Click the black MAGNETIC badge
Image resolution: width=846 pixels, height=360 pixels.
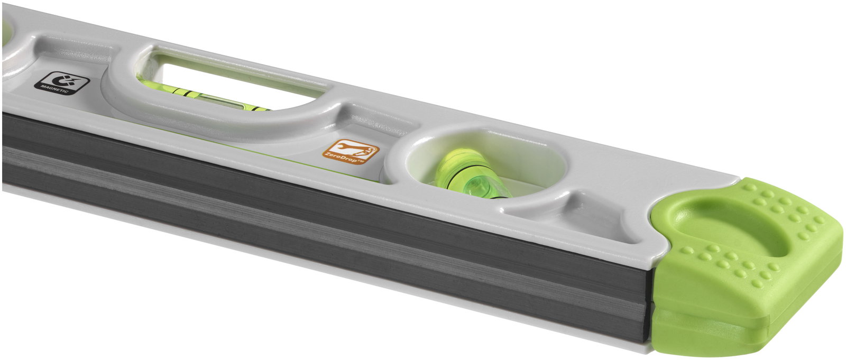tap(61, 83)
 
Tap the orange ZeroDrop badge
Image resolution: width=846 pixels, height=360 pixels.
tap(351, 152)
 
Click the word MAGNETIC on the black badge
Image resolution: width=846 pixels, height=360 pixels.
tap(59, 90)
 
